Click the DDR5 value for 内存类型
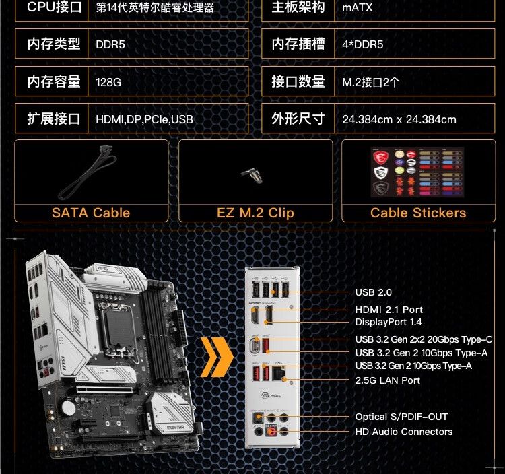[x=110, y=44]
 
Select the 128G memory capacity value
[x=108, y=82]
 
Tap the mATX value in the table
[x=357, y=7]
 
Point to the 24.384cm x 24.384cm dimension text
[x=399, y=119]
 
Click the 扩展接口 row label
[x=53, y=118]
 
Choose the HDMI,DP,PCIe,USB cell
[x=144, y=119]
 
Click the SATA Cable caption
[x=91, y=213]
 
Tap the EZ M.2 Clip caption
[x=255, y=213]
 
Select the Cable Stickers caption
[x=418, y=213]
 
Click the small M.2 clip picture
[x=252, y=176]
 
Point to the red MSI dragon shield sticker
[x=380, y=158]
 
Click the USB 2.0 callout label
[x=373, y=292]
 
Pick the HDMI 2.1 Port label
[x=389, y=310]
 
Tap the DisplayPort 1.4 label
[x=389, y=322]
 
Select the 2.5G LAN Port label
[x=387, y=380]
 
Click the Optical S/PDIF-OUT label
[x=401, y=417]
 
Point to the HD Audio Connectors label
[x=403, y=432]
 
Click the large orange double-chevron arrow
[x=216, y=357]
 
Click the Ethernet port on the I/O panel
[x=279, y=374]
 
